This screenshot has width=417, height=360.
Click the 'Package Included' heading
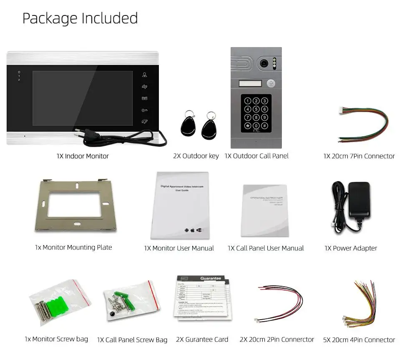(80, 18)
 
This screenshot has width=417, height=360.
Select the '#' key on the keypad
(264, 125)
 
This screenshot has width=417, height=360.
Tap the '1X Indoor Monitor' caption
(83, 156)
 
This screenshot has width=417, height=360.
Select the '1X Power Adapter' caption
(351, 248)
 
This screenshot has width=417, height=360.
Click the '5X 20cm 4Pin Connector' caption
(359, 340)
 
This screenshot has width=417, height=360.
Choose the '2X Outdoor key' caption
(196, 156)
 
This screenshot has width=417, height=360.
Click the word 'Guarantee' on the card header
(211, 278)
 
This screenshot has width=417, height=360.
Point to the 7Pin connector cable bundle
(362, 125)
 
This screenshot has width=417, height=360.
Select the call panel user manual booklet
(264, 210)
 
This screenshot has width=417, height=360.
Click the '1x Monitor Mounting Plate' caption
(73, 247)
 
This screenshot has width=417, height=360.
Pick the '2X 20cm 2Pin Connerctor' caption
(277, 340)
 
